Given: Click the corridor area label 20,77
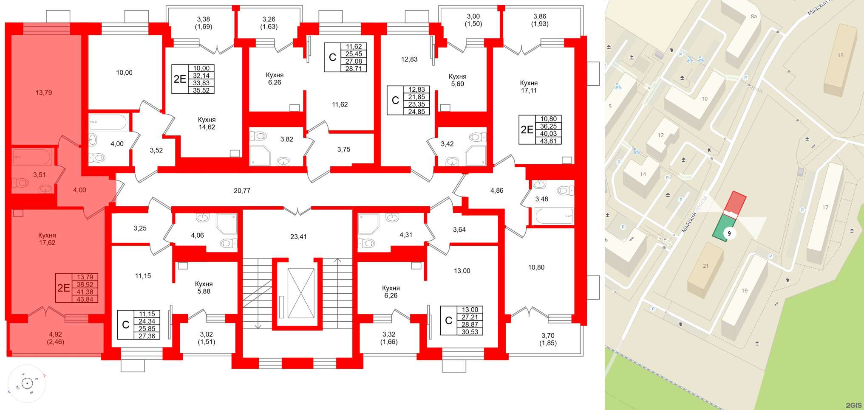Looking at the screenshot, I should click(x=242, y=191).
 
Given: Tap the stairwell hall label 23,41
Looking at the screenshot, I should click(x=298, y=237).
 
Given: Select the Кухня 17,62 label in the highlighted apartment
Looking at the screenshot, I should click(x=47, y=239).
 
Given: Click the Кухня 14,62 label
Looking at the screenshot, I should click(x=207, y=124).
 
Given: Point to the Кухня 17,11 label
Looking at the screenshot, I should click(x=529, y=87).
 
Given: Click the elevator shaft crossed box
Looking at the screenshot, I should click(x=301, y=293).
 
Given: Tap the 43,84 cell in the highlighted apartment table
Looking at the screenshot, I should click(x=85, y=299).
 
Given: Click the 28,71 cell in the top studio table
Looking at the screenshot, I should click(x=354, y=69).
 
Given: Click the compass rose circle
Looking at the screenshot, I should click(x=27, y=384).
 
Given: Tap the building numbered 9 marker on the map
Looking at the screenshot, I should click(x=729, y=233).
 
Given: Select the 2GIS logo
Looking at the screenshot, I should click(x=853, y=405).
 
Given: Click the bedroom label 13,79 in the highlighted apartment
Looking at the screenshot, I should click(x=44, y=93).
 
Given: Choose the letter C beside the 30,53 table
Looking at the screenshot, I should click(x=449, y=321).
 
